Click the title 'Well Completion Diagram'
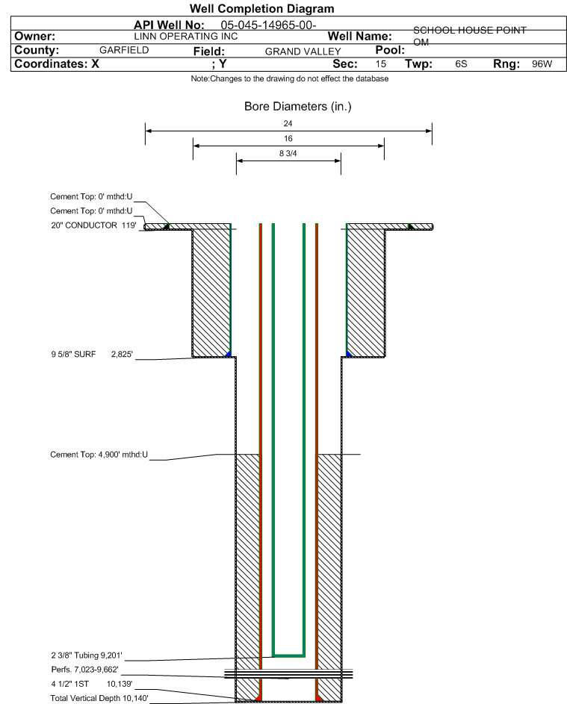262,8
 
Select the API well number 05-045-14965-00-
268,25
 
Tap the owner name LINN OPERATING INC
185,37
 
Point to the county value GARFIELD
124,50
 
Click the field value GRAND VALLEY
303,52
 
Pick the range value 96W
542,63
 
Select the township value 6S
461,63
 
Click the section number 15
380,63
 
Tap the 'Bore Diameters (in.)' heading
298,107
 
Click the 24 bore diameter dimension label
288,123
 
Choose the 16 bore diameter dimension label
288,138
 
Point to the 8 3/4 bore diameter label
288,154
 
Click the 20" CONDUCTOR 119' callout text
93,225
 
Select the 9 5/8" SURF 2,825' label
92,355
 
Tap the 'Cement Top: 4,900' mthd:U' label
99,455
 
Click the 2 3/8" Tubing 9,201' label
87,655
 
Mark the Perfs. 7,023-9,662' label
85,670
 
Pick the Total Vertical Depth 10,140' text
99,698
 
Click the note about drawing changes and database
290,79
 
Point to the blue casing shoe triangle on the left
229,355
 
